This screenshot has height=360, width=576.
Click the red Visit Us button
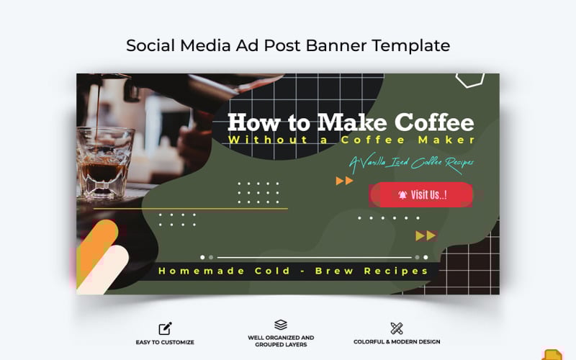[x=421, y=194]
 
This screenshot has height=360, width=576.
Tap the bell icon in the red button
[x=402, y=194]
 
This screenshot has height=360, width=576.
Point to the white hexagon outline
[x=469, y=77]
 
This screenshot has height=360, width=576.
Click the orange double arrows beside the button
[x=345, y=181]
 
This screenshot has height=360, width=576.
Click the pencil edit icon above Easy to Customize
[x=166, y=328]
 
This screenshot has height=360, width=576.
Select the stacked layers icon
[x=281, y=325]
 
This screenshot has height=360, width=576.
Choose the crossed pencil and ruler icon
[x=397, y=328]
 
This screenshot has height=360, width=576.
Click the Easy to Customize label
[x=166, y=342]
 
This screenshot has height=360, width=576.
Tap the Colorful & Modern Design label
[x=397, y=342]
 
